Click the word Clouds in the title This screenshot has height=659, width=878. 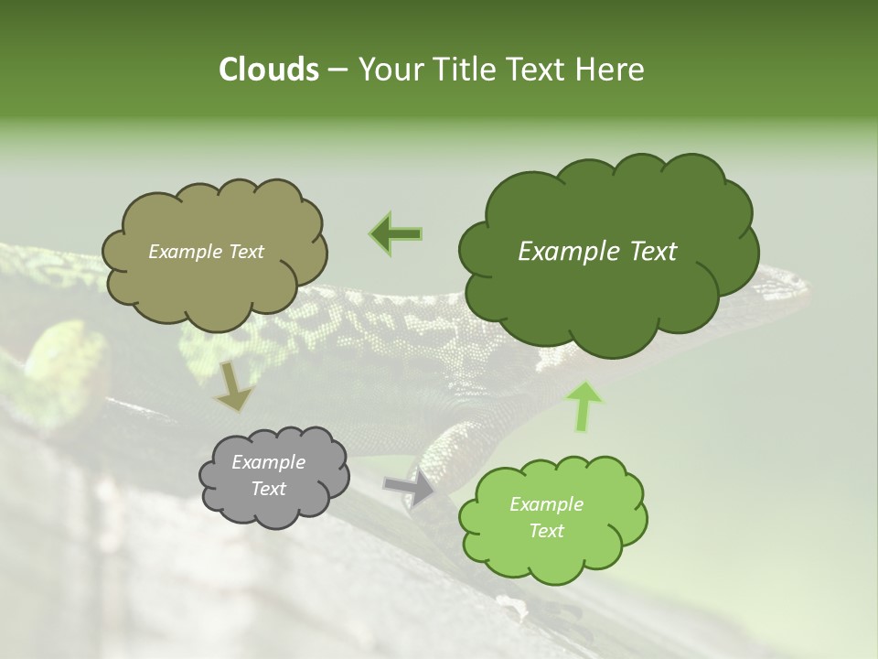tap(268, 70)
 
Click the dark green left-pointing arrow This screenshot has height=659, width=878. tap(395, 234)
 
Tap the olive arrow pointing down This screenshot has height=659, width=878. tap(232, 386)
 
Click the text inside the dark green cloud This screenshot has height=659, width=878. tap(597, 252)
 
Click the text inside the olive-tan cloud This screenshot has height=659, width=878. tap(206, 252)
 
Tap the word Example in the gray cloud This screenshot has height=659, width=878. tap(269, 462)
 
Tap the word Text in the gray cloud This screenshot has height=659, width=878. tap(269, 489)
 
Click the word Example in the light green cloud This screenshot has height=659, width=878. tap(546, 504)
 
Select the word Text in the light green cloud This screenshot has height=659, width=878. tap(546, 531)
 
